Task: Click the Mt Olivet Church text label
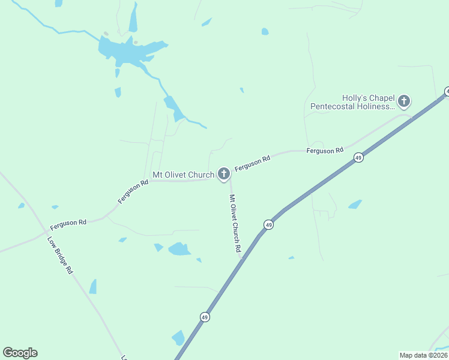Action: coord(183,175)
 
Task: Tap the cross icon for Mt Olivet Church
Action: coord(224,175)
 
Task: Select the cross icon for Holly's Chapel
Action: coord(404,101)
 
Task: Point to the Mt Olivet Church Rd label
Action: coord(235,223)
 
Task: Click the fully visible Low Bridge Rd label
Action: coord(59,255)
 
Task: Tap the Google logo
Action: coord(20,353)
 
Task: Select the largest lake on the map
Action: coord(128,51)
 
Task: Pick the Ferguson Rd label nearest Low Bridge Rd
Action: coord(68,223)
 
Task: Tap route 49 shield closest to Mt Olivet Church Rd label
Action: coord(268,225)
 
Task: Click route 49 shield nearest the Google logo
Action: coord(205,317)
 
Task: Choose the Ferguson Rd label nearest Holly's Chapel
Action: coord(324,150)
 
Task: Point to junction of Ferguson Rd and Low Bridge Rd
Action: coord(46,230)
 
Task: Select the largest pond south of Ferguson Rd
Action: coord(179,248)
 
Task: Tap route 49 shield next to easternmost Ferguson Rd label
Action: coord(358,158)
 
